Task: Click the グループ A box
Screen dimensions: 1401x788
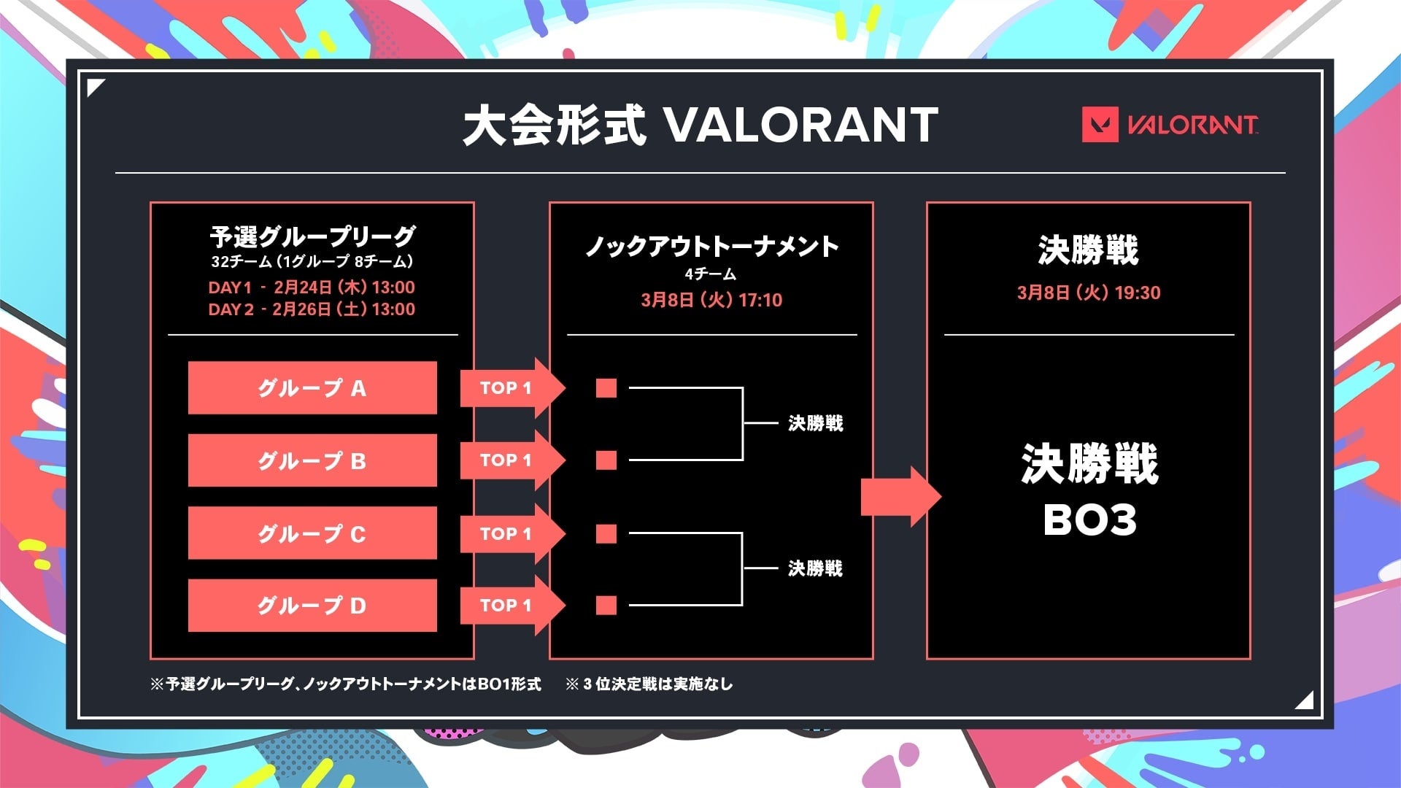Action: (312, 387)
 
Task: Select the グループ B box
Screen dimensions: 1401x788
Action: (312, 460)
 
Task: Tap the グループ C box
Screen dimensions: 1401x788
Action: (312, 533)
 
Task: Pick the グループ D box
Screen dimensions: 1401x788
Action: (312, 606)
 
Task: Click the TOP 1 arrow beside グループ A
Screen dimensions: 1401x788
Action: (512, 387)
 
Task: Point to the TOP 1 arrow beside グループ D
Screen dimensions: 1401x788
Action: (512, 605)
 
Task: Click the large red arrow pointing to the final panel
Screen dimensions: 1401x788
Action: (901, 497)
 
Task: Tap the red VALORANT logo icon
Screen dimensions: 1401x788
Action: (1100, 125)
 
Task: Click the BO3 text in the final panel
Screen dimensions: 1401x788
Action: (1089, 520)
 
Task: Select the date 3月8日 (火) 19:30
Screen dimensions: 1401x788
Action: (1089, 293)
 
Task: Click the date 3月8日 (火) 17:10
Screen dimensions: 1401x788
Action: (711, 300)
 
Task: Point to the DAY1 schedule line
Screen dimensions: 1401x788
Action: (312, 287)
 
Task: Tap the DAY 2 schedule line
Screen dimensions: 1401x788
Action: (312, 309)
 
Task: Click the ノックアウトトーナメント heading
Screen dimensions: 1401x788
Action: (711, 247)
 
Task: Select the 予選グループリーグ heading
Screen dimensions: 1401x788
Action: (312, 236)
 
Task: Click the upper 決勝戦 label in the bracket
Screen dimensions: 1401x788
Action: (816, 423)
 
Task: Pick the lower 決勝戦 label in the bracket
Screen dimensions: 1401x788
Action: (816, 568)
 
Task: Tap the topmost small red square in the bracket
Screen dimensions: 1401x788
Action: (606, 387)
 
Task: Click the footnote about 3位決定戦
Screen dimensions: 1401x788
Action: (649, 684)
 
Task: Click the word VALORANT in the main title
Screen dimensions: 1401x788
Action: (802, 125)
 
